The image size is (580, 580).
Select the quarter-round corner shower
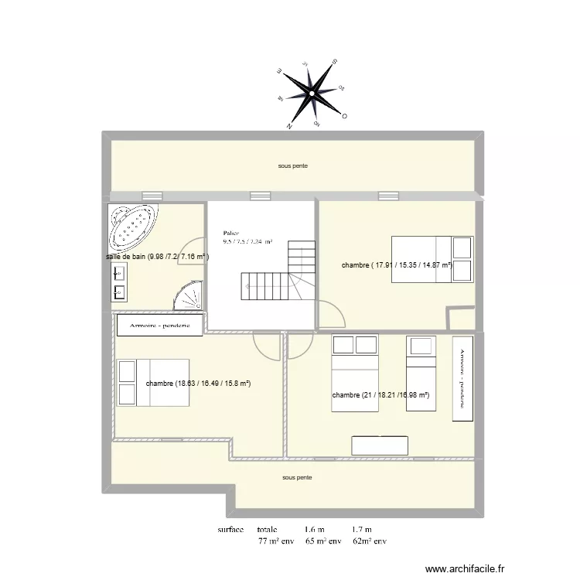(190, 295)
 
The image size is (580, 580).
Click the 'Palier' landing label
(230, 232)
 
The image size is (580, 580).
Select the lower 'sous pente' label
(297, 478)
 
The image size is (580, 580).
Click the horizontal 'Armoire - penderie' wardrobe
(160, 326)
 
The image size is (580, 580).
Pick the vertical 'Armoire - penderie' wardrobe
(462, 379)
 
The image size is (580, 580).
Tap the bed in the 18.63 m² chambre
(152, 382)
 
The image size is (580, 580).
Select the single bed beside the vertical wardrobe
(422, 352)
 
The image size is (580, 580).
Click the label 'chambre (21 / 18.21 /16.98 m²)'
(380, 395)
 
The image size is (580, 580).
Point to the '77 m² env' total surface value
(277, 541)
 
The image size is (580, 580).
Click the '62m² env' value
(369, 541)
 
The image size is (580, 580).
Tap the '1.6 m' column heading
(315, 530)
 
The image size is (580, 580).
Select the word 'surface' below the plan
(230, 530)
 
